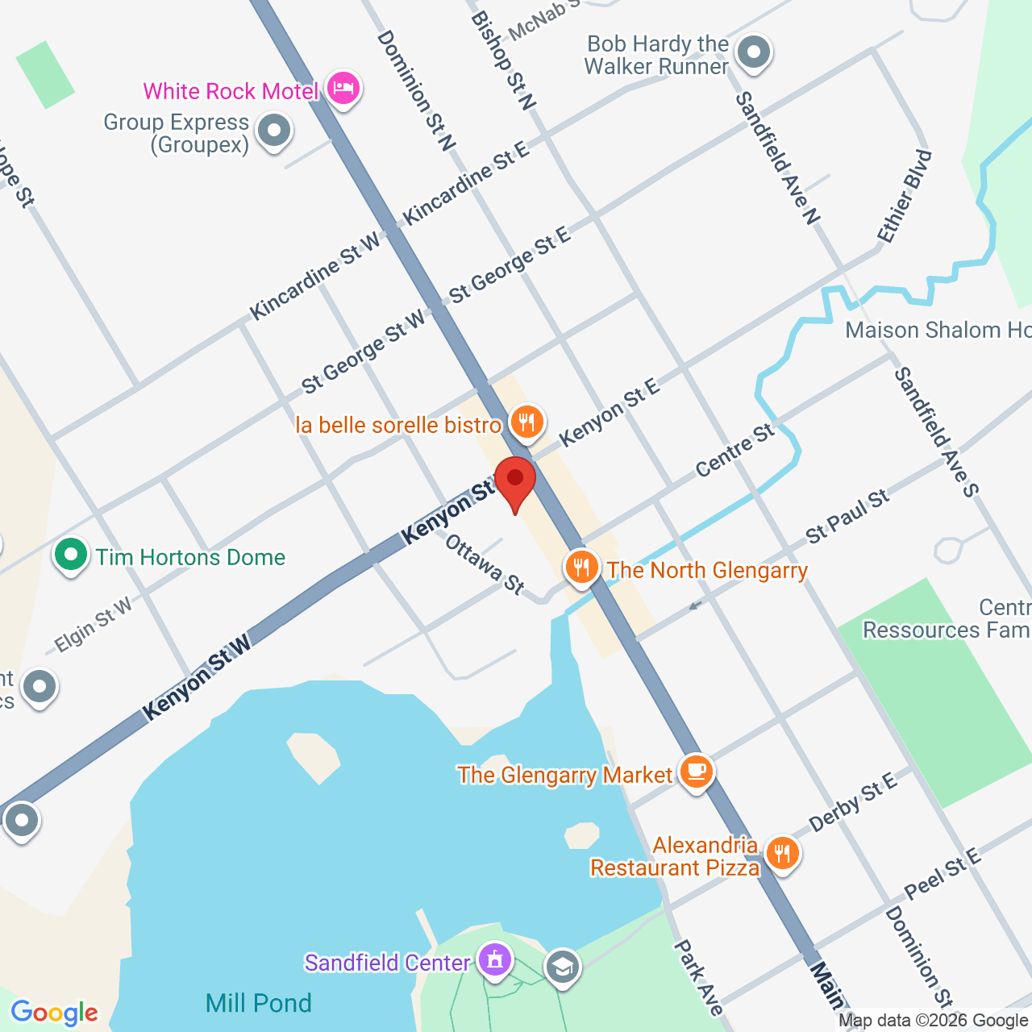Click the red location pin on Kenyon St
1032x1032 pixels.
click(x=514, y=479)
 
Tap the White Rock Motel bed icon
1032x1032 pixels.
click(x=343, y=89)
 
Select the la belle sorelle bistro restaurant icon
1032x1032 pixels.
click(x=526, y=422)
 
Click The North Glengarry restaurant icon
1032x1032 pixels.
click(x=580, y=568)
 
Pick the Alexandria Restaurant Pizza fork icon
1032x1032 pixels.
click(x=781, y=852)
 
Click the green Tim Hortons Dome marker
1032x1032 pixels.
click(x=71, y=555)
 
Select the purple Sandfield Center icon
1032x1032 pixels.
click(x=494, y=959)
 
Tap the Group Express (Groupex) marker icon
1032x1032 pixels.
click(x=274, y=130)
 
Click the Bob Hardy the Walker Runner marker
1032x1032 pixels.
click(x=755, y=53)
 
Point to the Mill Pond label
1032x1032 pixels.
click(x=258, y=1003)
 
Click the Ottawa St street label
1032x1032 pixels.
click(x=485, y=564)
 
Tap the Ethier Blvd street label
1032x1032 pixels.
click(x=905, y=196)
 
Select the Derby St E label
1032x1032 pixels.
click(x=853, y=802)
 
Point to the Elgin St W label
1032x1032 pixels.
click(x=93, y=625)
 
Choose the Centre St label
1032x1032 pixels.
click(x=734, y=450)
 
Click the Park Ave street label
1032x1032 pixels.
click(x=698, y=977)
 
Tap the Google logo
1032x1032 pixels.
click(x=54, y=1013)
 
